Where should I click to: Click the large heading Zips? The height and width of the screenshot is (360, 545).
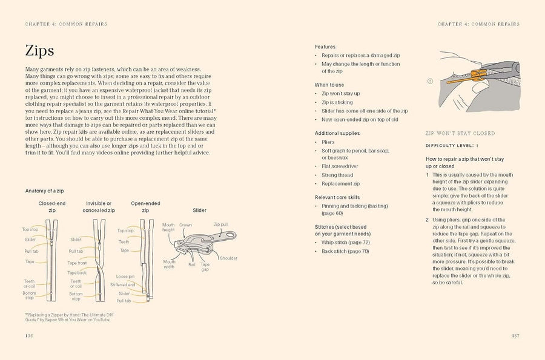[40, 51]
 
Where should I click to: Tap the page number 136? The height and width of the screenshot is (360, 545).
[29, 335]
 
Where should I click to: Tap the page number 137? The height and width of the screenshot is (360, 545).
[515, 335]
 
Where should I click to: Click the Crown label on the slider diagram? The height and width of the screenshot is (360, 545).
[185, 225]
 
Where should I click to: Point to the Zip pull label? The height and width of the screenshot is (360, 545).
[220, 224]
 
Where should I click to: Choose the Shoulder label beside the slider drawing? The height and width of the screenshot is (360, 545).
[229, 258]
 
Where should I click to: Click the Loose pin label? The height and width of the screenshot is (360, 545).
[125, 277]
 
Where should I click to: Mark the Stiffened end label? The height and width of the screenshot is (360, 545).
[123, 284]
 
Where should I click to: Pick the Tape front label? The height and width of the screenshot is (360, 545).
[77, 263]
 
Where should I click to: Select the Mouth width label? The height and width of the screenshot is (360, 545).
[169, 264]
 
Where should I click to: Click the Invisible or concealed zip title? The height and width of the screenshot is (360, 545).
[99, 207]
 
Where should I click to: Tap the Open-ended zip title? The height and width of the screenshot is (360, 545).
[145, 207]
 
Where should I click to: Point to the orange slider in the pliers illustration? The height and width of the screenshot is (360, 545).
[475, 75]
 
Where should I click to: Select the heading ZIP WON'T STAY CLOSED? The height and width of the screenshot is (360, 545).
[460, 133]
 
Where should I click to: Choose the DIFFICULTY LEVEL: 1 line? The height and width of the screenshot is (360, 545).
[452, 146]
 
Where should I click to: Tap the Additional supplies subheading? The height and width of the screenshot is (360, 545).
[337, 133]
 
